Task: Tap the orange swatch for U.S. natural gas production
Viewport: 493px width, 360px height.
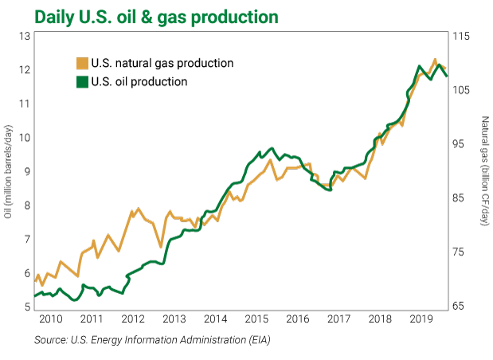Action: pos(81,63)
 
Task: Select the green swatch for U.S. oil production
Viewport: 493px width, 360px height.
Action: pos(81,81)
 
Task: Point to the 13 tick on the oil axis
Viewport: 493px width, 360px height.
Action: pos(25,36)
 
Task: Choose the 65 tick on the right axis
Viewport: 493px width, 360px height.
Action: pos(464,307)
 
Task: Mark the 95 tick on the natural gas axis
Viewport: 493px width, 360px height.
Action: pos(464,144)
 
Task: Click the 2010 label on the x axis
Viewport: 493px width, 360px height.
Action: pos(50,319)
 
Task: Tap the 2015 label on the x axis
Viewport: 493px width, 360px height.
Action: pos(256,319)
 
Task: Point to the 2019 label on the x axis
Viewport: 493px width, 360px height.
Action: pos(421,319)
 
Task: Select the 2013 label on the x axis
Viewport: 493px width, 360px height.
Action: pos(174,319)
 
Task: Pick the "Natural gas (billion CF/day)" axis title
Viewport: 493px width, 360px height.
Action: pos(484,171)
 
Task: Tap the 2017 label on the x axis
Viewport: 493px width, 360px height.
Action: pos(338,319)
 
